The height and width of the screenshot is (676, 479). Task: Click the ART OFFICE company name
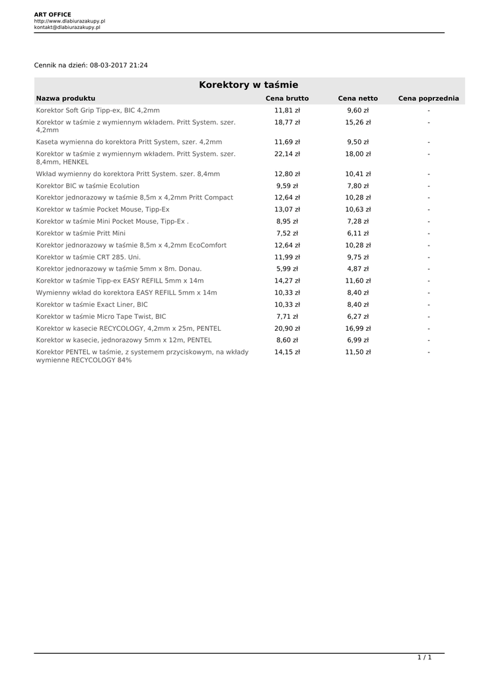point(53,15)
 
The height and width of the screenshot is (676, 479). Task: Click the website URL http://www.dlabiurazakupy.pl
point(69,21)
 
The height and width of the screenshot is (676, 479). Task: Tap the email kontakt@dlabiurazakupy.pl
point(67,27)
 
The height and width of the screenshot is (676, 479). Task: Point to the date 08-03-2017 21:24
point(119,65)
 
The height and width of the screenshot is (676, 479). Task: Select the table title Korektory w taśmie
point(248,85)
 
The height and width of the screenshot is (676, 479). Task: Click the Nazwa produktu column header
point(65,98)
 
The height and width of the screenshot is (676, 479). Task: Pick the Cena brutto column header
point(287,98)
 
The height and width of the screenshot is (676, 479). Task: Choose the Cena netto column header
point(357,98)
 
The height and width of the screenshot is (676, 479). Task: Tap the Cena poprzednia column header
point(428,98)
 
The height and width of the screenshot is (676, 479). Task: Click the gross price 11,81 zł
point(287,110)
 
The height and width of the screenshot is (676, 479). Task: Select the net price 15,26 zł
point(357,122)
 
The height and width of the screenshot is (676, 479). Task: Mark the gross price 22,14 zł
point(287,154)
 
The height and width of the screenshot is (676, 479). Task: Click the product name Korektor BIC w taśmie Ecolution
point(88,186)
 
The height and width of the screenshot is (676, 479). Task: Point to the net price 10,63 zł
point(357,209)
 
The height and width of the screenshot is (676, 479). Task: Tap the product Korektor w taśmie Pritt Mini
point(81,233)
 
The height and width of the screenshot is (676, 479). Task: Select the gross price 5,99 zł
point(287,269)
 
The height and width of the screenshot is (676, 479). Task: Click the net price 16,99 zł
point(357,328)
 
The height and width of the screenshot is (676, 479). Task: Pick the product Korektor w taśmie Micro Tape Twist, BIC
point(101,316)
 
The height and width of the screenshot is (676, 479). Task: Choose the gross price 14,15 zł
point(287,352)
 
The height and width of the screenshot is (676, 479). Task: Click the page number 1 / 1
point(424,658)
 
